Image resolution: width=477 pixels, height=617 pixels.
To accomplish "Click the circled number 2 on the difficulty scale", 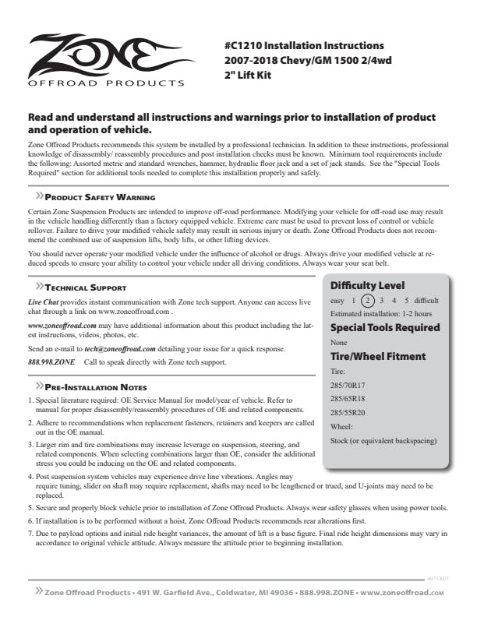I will tap(369, 300).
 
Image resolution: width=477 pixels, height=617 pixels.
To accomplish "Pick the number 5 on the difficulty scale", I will tap(406, 300).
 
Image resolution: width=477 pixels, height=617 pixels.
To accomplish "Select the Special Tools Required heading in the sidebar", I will tap(385, 327).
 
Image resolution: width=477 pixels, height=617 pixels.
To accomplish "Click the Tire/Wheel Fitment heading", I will tap(377, 356).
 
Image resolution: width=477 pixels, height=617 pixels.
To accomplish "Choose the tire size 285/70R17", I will tap(348, 385).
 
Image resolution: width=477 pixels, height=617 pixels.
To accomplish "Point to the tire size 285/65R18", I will tap(348, 399).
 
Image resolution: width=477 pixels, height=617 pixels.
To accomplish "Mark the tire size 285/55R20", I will tap(348, 413).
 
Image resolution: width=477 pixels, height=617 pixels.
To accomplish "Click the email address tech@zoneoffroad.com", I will tap(120, 348).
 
